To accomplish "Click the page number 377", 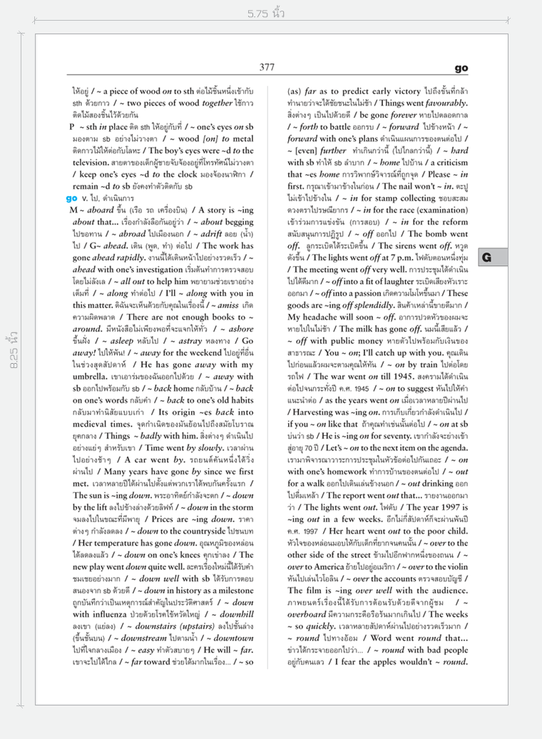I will click(x=267, y=67).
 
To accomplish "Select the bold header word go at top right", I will click(x=461, y=68).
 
